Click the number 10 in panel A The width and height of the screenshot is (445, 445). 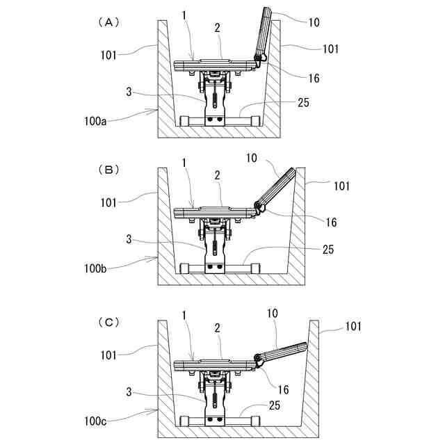[x=314, y=22]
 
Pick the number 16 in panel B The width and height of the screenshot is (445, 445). [x=331, y=222]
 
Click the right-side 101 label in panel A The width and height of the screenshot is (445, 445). [x=330, y=49]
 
